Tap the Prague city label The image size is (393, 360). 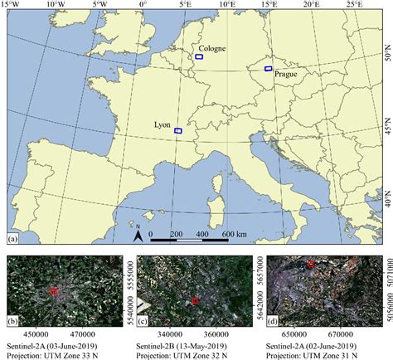coord(283,74)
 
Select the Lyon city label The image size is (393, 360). coord(163,124)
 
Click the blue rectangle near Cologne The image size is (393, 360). coord(199,57)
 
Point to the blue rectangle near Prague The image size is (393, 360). coord(268,68)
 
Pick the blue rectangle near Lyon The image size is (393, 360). coord(178,130)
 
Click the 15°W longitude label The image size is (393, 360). coord(11,4)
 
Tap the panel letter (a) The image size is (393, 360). coord(12,240)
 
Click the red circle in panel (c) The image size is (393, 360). coord(194,300)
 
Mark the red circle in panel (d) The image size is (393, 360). coord(310,264)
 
